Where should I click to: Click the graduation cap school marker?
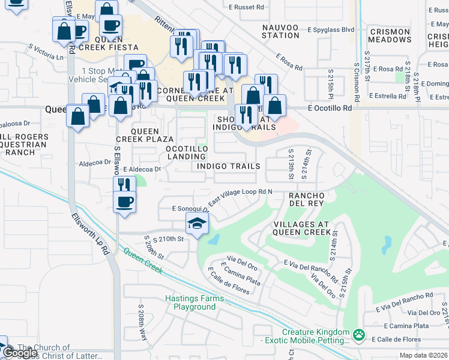(197, 224)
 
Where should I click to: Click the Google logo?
(20, 353)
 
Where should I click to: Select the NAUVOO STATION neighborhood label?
(281, 31)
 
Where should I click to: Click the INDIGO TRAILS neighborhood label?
(229, 166)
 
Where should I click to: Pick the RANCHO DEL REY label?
(307, 200)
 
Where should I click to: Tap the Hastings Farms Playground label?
(194, 302)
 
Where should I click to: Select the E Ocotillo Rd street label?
(329, 108)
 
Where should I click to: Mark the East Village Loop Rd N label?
(241, 197)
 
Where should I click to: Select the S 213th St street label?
(291, 164)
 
